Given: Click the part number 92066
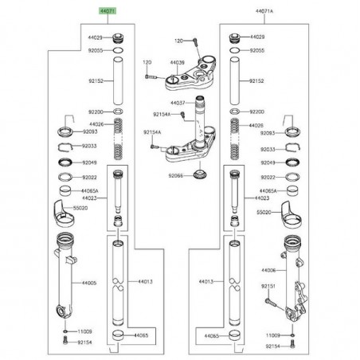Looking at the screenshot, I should pos(174,174).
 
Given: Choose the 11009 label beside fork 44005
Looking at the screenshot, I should pos(84,331).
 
